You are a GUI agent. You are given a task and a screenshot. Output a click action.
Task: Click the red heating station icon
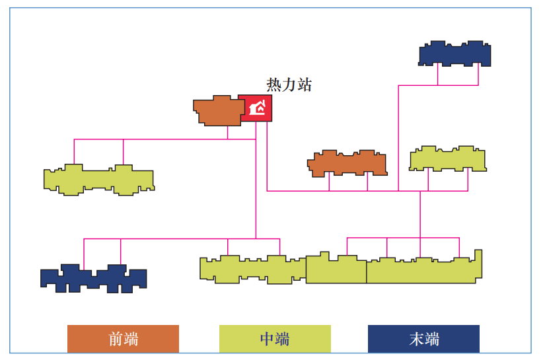pyautogui.click(x=255, y=108)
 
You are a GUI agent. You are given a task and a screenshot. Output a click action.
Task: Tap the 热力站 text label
pyautogui.click(x=289, y=85)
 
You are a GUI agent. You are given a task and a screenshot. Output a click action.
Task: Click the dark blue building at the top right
pyautogui.click(x=455, y=54)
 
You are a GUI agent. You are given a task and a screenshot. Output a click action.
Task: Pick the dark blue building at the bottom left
pyautogui.click(x=94, y=278)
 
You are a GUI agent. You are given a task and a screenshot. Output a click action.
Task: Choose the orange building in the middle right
pyautogui.click(x=347, y=163)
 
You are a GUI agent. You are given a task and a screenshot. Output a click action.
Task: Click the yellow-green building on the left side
pyautogui.click(x=98, y=180)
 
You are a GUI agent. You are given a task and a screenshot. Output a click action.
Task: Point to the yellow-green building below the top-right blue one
pyautogui.click(x=447, y=159)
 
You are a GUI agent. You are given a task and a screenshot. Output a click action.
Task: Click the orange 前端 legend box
pyautogui.click(x=123, y=339)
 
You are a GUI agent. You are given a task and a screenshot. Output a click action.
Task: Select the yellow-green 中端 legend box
pyautogui.click(x=275, y=339)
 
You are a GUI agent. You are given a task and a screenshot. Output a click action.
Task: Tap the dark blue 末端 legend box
pyautogui.click(x=423, y=339)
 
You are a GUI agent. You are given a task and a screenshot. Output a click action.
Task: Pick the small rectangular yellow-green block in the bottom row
pyautogui.click(x=336, y=270)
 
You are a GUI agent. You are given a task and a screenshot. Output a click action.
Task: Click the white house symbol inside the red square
pyautogui.click(x=256, y=108)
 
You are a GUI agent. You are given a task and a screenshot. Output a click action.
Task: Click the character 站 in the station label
pyautogui.click(x=304, y=85)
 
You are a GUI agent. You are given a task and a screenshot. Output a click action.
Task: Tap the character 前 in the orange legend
pyautogui.click(x=116, y=340)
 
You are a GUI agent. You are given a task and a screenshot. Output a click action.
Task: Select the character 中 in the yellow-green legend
pyautogui.click(x=267, y=340)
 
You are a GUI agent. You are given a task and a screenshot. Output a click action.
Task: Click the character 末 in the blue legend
pyautogui.click(x=416, y=340)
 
